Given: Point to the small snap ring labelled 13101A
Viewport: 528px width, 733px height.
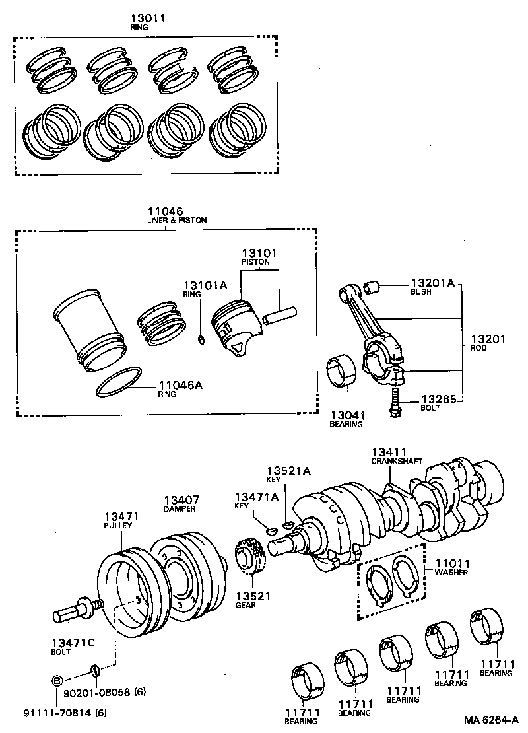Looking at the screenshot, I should point(201,340).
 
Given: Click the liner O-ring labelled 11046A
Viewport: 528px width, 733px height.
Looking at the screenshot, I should point(119,383).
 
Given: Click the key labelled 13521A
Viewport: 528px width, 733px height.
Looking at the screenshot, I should point(286,525).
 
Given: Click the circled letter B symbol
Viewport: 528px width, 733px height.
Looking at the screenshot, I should point(57,681).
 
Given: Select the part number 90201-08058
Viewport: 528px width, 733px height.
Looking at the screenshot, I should point(96,692).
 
